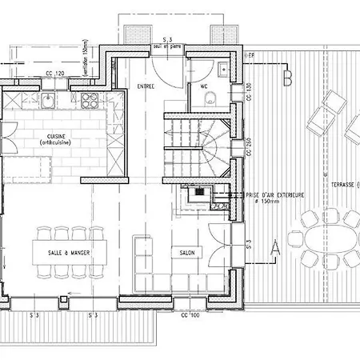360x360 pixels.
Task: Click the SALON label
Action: click(188, 252)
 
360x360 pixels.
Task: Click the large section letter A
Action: click(274, 246)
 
